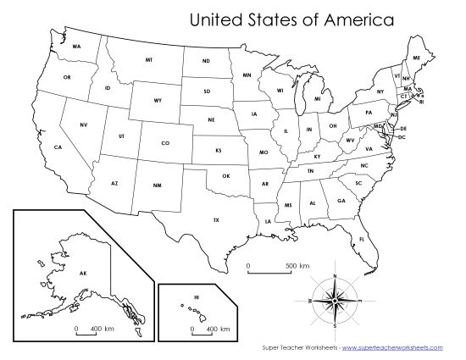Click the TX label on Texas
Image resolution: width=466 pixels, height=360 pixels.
coord(216,219)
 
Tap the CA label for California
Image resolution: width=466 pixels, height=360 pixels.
coord(58,147)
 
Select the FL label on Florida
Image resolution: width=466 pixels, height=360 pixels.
coord(362,239)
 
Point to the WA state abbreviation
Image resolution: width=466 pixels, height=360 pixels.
coord(76,46)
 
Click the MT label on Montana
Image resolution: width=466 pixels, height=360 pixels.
coord(149,60)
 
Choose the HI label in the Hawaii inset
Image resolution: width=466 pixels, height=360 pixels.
coord(196,297)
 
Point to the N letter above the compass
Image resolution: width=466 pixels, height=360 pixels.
coord(335,277)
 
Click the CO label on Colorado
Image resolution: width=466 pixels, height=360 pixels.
coord(165,143)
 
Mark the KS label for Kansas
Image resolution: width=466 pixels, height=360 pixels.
coord(218,150)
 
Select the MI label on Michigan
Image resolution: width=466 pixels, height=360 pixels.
coord(317,99)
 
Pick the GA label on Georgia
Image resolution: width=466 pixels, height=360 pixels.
coord(341,201)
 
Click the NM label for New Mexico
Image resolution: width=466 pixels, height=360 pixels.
coord(158,185)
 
